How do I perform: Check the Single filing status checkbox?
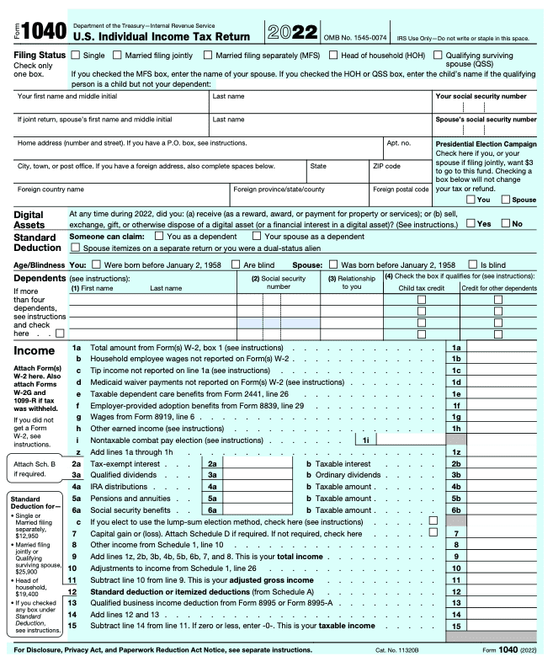pos(76,56)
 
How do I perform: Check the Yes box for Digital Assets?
pos(471,223)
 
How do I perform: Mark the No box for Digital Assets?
pos(507,223)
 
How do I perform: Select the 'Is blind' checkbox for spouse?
pos(474,265)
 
